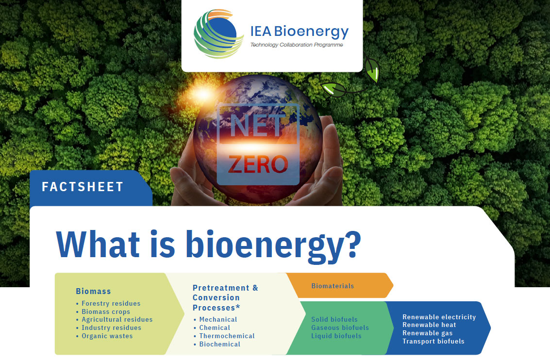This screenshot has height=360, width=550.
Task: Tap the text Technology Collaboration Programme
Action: tap(296, 45)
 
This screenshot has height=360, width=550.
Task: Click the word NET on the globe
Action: tap(257, 125)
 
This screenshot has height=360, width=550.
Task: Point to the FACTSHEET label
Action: tap(83, 187)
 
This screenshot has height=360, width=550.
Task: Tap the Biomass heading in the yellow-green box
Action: tap(93, 291)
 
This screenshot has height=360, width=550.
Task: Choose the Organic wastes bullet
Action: tap(107, 336)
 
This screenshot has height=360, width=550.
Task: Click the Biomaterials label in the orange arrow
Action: tap(333, 286)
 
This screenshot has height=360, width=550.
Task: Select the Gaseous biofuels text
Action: tap(340, 327)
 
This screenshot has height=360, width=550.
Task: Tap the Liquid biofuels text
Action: tap(336, 336)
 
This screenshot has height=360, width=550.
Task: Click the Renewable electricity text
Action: tap(439, 317)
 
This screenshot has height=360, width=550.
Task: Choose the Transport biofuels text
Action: tap(433, 341)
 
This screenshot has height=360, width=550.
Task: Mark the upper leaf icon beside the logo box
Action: tap(372, 70)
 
